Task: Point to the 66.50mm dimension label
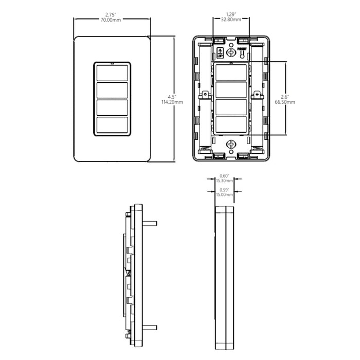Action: (284, 102)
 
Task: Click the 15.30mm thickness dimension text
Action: (224, 181)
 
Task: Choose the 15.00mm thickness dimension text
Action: (224, 195)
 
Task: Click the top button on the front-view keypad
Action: (113, 73)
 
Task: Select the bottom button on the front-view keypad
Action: (113, 125)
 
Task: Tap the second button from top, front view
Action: (113, 90)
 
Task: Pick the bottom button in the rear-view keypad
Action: (231, 124)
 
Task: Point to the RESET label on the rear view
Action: (242, 47)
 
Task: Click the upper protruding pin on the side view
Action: (150, 224)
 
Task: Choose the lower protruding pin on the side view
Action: (150, 327)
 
